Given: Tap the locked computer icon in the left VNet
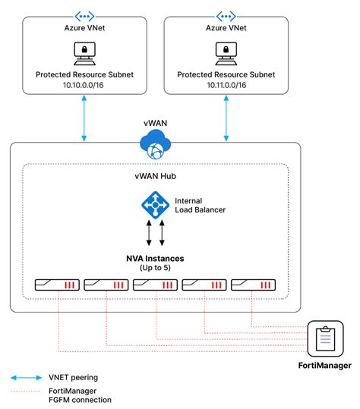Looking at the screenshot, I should coord(84,52).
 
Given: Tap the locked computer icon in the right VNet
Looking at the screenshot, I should coord(226,52).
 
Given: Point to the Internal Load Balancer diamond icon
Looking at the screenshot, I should coord(154,205).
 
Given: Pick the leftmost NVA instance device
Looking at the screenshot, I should coord(57,285).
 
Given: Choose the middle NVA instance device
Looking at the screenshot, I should coord(155,285).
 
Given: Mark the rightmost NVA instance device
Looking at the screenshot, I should coord(253,285).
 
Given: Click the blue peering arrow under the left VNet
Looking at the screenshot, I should coord(84,121).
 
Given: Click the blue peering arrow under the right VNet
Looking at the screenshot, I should coord(226,121).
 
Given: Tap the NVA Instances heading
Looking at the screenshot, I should coord(155,258).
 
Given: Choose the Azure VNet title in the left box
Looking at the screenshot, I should coord(84,27).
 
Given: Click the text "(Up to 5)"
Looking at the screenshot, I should coord(155,269).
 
